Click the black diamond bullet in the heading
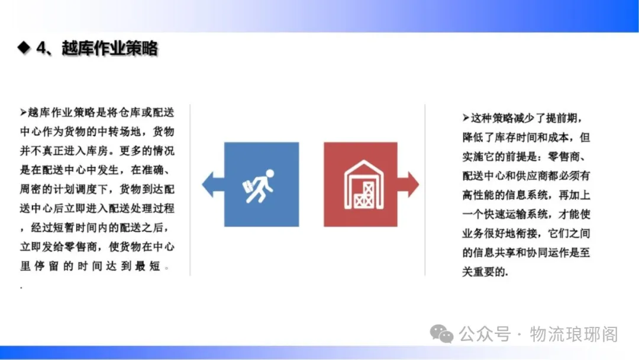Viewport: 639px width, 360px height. pyautogui.click(x=24, y=48)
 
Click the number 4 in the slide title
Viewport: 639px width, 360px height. pyautogui.click(x=41, y=48)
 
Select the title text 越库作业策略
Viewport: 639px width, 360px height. pyautogui.click(x=109, y=48)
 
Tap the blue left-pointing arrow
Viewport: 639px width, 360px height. pyautogui.click(x=213, y=184)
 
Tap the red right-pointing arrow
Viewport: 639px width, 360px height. pyautogui.click(x=408, y=184)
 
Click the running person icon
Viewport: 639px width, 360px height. pyautogui.click(x=259, y=186)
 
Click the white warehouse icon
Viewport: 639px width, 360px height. pyautogui.click(x=363, y=185)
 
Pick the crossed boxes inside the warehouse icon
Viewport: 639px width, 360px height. pyautogui.click(x=364, y=195)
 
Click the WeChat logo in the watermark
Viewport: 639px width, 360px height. pyautogui.click(x=442, y=333)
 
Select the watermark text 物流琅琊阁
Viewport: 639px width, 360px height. pyautogui.click(x=574, y=335)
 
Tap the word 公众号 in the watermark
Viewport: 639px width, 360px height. pyautogui.click(x=485, y=335)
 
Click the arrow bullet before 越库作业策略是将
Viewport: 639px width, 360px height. pyautogui.click(x=23, y=112)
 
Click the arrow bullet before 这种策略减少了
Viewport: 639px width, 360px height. pyautogui.click(x=466, y=118)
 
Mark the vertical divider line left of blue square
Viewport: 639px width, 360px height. pyautogui.click(x=190, y=190)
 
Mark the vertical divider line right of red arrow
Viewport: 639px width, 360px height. pyautogui.click(x=425, y=190)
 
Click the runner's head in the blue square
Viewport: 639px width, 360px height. pyautogui.click(x=270, y=173)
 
